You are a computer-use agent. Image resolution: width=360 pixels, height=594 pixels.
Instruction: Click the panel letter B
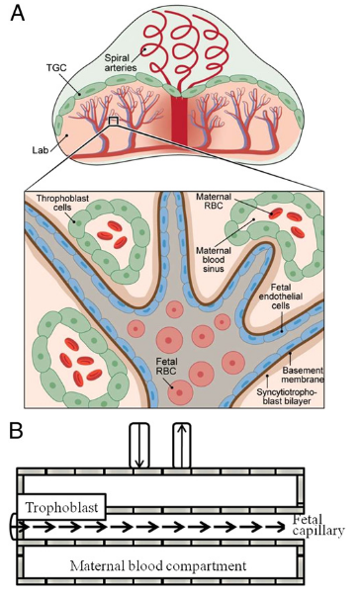18,431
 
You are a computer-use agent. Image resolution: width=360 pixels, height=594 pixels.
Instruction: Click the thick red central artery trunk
178,124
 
